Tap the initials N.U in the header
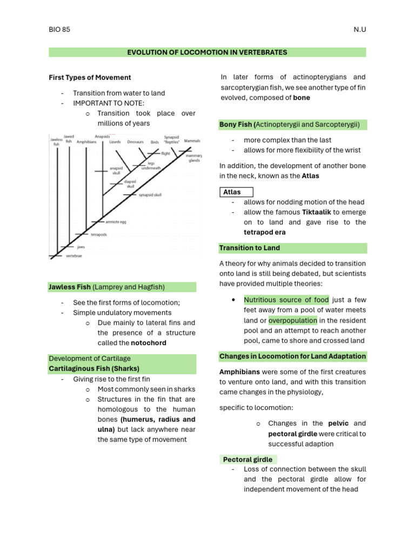[359, 30]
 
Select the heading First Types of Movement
[90, 78]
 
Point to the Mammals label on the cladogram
[192, 141]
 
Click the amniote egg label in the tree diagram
[116, 222]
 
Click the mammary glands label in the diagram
[193, 158]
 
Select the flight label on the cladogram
[165, 153]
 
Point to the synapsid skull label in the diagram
[150, 195]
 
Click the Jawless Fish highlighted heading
[70, 287]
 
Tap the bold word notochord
[149, 343]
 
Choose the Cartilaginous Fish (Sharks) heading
[94, 368]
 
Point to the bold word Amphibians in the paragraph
[239, 372]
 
